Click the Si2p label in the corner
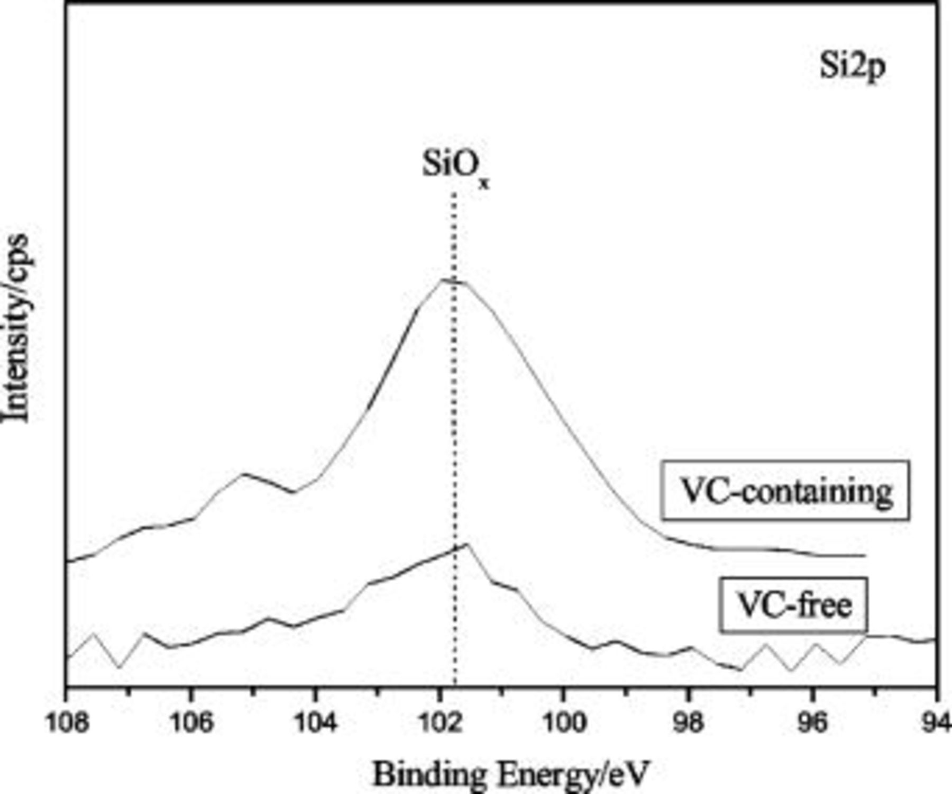pyautogui.click(x=852, y=68)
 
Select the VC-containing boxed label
pyautogui.click(x=785, y=491)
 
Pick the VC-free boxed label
pyautogui.click(x=793, y=605)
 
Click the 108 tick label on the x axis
pyautogui.click(x=67, y=723)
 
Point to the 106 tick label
pyautogui.click(x=191, y=723)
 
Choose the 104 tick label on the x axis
pyautogui.click(x=316, y=723)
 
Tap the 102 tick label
pyautogui.click(x=440, y=723)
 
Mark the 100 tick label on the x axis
pyautogui.click(x=564, y=723)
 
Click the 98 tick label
pyautogui.click(x=689, y=723)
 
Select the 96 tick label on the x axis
pyautogui.click(x=813, y=723)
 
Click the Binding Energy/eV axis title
pyautogui.click(x=510, y=774)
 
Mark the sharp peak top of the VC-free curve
pyautogui.click(x=466, y=544)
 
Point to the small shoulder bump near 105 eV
pyautogui.click(x=243, y=473)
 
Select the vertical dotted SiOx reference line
pyautogui.click(x=454, y=423)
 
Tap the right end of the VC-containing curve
pyautogui.click(x=863, y=556)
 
